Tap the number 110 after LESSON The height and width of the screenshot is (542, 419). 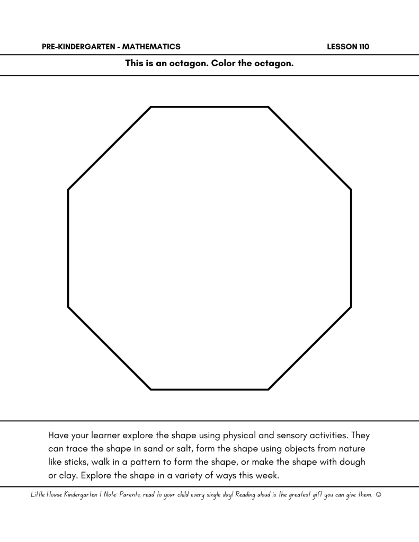364,47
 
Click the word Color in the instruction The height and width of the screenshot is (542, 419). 224,64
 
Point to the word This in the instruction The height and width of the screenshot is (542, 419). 136,64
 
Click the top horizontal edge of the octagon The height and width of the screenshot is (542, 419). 209,107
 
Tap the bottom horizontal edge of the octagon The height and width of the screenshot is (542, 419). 209,389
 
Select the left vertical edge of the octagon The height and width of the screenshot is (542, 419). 68,248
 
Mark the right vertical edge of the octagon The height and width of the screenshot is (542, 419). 351,248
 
